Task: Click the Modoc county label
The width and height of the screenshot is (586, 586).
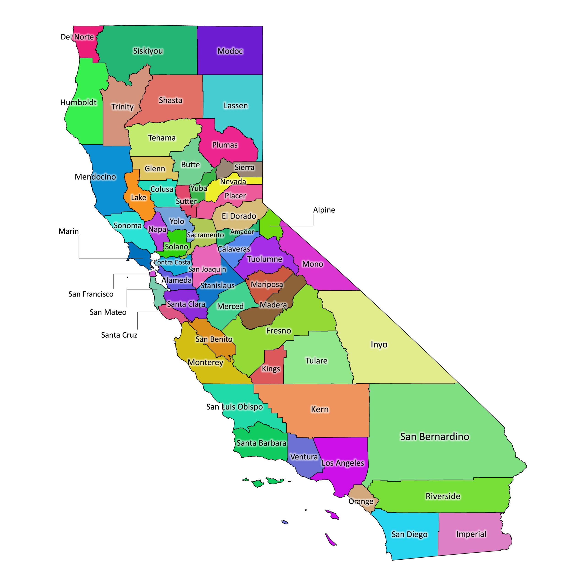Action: (230, 51)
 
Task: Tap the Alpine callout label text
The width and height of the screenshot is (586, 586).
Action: (324, 210)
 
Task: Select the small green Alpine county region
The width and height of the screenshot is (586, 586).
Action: (271, 225)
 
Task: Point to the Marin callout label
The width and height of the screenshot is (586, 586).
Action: (68, 231)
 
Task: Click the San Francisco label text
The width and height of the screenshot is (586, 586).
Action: (91, 294)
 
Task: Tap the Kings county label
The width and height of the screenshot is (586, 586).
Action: (271, 369)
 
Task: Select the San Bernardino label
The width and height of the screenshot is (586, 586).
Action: (434, 437)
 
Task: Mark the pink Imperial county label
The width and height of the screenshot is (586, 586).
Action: (471, 534)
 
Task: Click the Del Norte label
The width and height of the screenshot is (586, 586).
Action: (77, 37)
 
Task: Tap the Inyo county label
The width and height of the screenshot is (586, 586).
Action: (379, 345)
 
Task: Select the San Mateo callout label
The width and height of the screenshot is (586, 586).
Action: (108, 312)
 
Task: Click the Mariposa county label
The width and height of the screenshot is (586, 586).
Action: (267, 285)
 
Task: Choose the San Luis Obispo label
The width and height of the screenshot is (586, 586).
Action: (234, 407)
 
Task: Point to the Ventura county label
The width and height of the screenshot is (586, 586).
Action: (304, 457)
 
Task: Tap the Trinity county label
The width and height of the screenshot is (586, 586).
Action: (122, 107)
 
